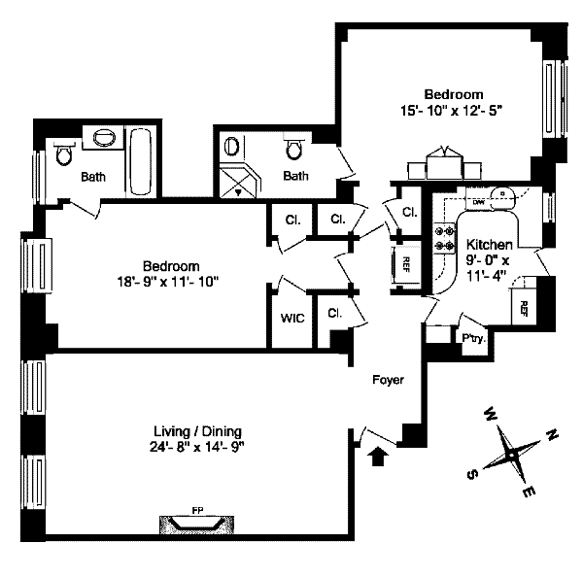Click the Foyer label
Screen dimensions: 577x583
[389, 380]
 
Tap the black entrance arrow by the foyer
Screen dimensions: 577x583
[379, 453]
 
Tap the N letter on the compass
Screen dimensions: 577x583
[552, 434]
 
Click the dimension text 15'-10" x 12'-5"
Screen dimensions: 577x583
[448, 111]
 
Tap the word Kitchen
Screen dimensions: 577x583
[490, 245]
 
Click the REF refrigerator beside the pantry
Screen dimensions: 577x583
[523, 309]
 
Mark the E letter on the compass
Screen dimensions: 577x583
[531, 494]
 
